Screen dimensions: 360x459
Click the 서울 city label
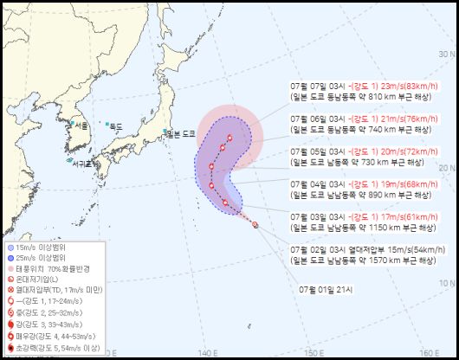pyautogui.click(x=81, y=126)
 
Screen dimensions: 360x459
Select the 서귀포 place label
pyautogui.click(x=83, y=163)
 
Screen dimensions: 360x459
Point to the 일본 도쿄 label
pyautogui.click(x=183, y=133)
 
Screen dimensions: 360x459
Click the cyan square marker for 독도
pyautogui.click(x=107, y=125)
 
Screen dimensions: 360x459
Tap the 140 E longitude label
pyautogui.click(x=206, y=352)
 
